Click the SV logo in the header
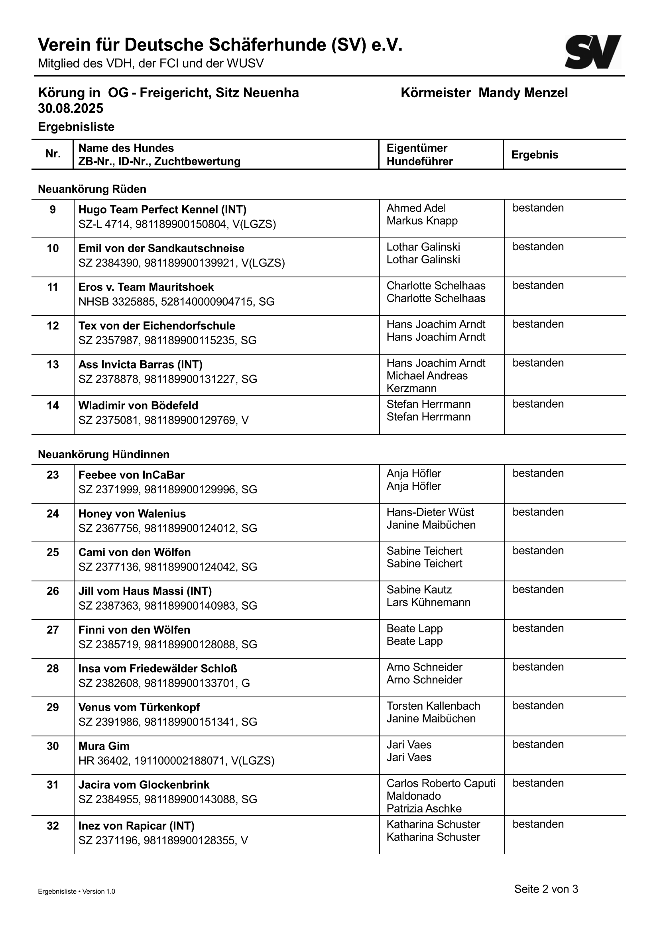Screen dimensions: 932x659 click(592, 52)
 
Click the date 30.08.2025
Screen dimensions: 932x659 click(71, 108)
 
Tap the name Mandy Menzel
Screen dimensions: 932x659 click(523, 93)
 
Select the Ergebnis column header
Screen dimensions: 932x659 click(535, 155)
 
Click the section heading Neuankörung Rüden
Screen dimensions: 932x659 click(92, 189)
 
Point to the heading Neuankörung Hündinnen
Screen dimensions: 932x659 click(104, 454)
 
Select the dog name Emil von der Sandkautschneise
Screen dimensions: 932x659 click(161, 248)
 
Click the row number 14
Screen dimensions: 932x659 click(53, 406)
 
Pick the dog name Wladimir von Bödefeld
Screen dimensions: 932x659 click(138, 406)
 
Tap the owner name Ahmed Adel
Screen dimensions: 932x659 click(416, 208)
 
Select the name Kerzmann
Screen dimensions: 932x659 click(411, 388)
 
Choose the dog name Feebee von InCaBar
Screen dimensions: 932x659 click(131, 475)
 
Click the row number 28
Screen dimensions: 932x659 click(53, 669)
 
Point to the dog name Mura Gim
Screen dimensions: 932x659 click(104, 746)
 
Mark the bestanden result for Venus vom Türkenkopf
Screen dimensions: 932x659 click(538, 706)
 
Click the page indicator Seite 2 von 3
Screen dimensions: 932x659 click(546, 889)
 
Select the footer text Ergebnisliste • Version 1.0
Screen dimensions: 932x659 click(76, 892)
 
